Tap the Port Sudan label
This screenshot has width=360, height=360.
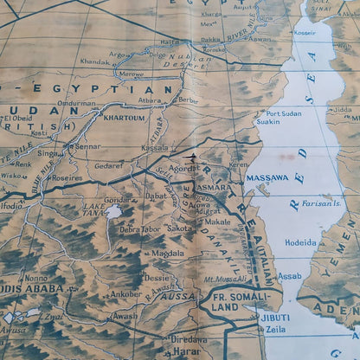click(x=286, y=113)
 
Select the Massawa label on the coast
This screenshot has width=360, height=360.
click(x=267, y=177)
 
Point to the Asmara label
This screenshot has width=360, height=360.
click(x=215, y=187)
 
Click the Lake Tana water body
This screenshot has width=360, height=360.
click(x=113, y=210)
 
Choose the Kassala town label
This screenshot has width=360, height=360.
click(x=156, y=148)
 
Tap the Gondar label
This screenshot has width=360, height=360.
click(x=119, y=198)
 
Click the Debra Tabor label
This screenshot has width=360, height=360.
click(x=139, y=229)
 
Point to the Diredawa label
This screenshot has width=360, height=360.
click(x=188, y=339)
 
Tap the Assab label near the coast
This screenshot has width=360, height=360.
click(x=289, y=277)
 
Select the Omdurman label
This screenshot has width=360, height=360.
click(x=76, y=104)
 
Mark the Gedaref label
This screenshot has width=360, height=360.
click(x=109, y=164)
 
